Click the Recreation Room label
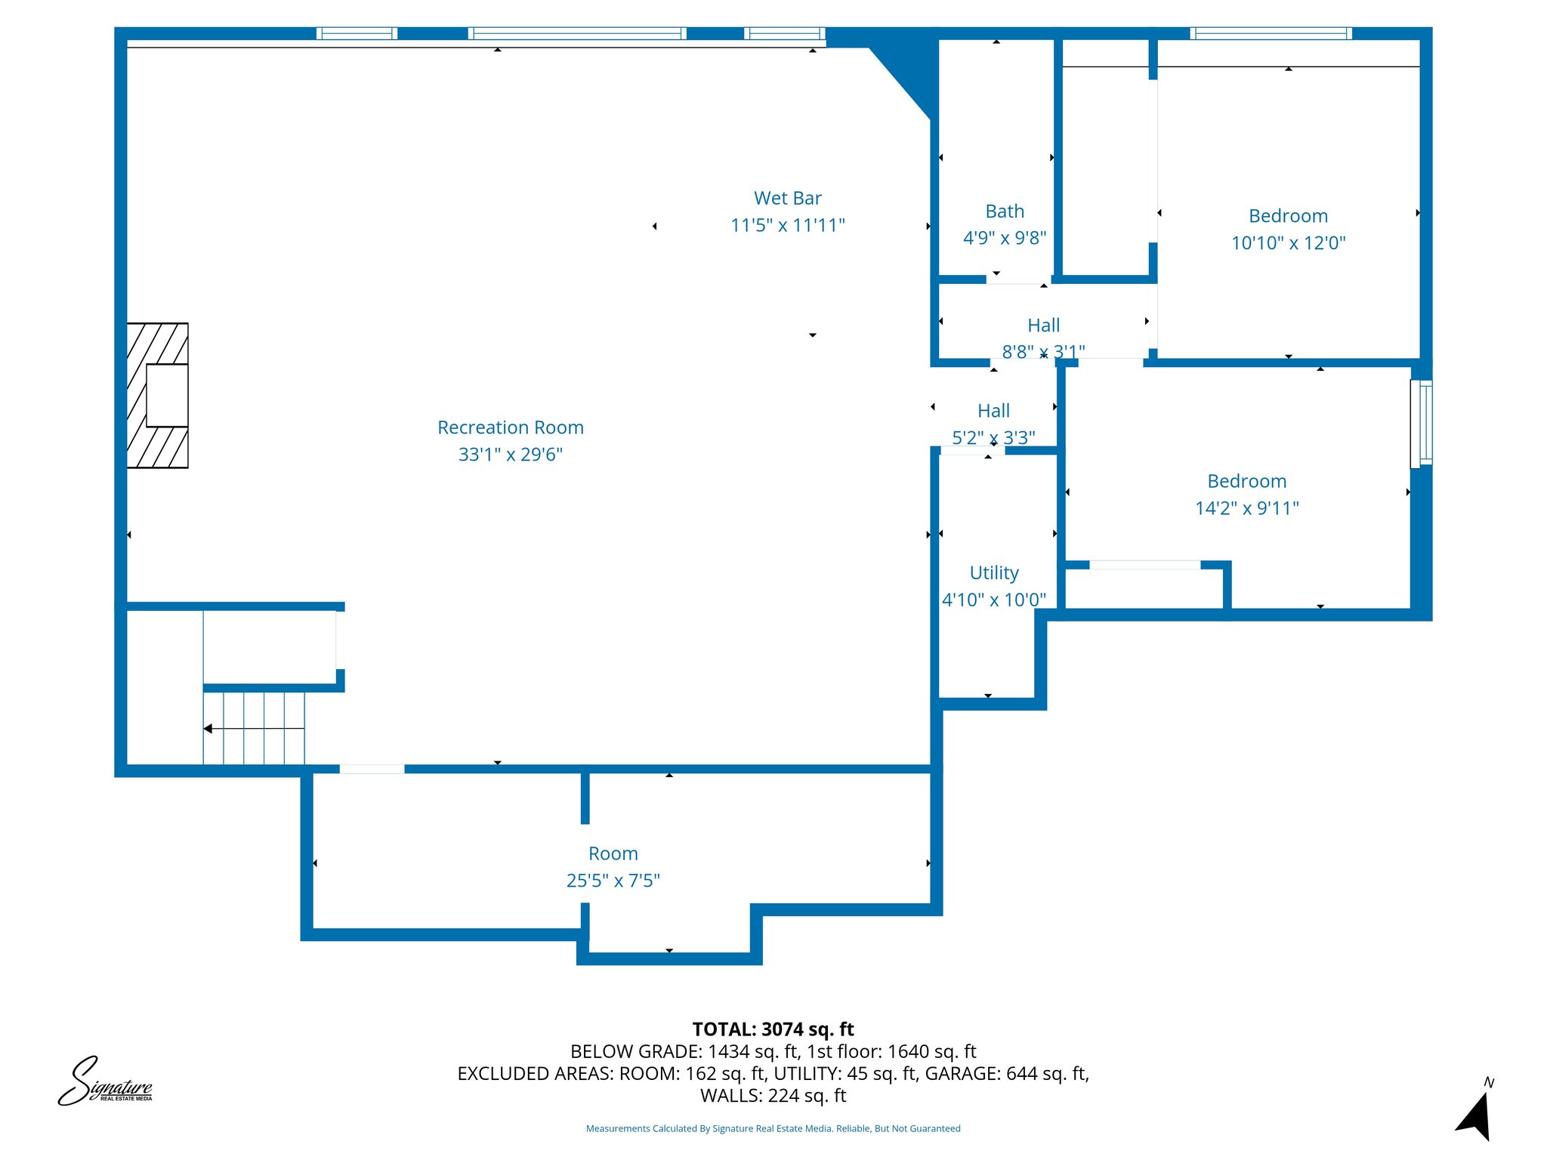[511, 427]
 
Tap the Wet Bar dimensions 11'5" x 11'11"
[787, 225]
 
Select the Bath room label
[1005, 211]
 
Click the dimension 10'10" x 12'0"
[1288, 243]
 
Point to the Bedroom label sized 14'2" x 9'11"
[1246, 481]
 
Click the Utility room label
[994, 572]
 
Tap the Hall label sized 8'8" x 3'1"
[1043, 325]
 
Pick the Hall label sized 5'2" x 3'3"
[993, 411]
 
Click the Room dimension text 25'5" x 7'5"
[613, 881]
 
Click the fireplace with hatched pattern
[158, 396]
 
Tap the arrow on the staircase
[209, 729]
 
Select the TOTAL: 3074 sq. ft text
[773, 1029]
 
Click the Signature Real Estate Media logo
[106, 1082]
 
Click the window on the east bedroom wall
[1421, 423]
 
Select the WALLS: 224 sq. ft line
[773, 1095]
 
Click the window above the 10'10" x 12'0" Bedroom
[1271, 33]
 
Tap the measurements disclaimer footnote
[773, 1128]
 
